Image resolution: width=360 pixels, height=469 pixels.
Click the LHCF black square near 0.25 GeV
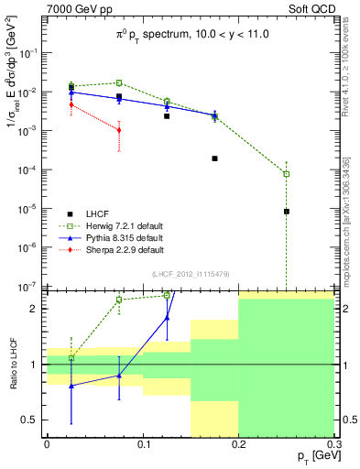pos(287,212)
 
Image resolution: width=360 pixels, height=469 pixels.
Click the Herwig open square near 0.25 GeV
pos(287,174)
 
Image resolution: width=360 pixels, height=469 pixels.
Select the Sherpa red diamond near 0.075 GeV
pos(119,130)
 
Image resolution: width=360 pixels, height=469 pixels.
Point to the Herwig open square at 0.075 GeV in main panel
pos(119,82)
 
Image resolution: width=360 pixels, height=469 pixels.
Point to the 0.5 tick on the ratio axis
pos(33,420)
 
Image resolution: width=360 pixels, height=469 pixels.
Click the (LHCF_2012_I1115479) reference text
pos(190,274)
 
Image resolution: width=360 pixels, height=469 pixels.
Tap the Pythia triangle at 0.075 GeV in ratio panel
pos(119,376)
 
